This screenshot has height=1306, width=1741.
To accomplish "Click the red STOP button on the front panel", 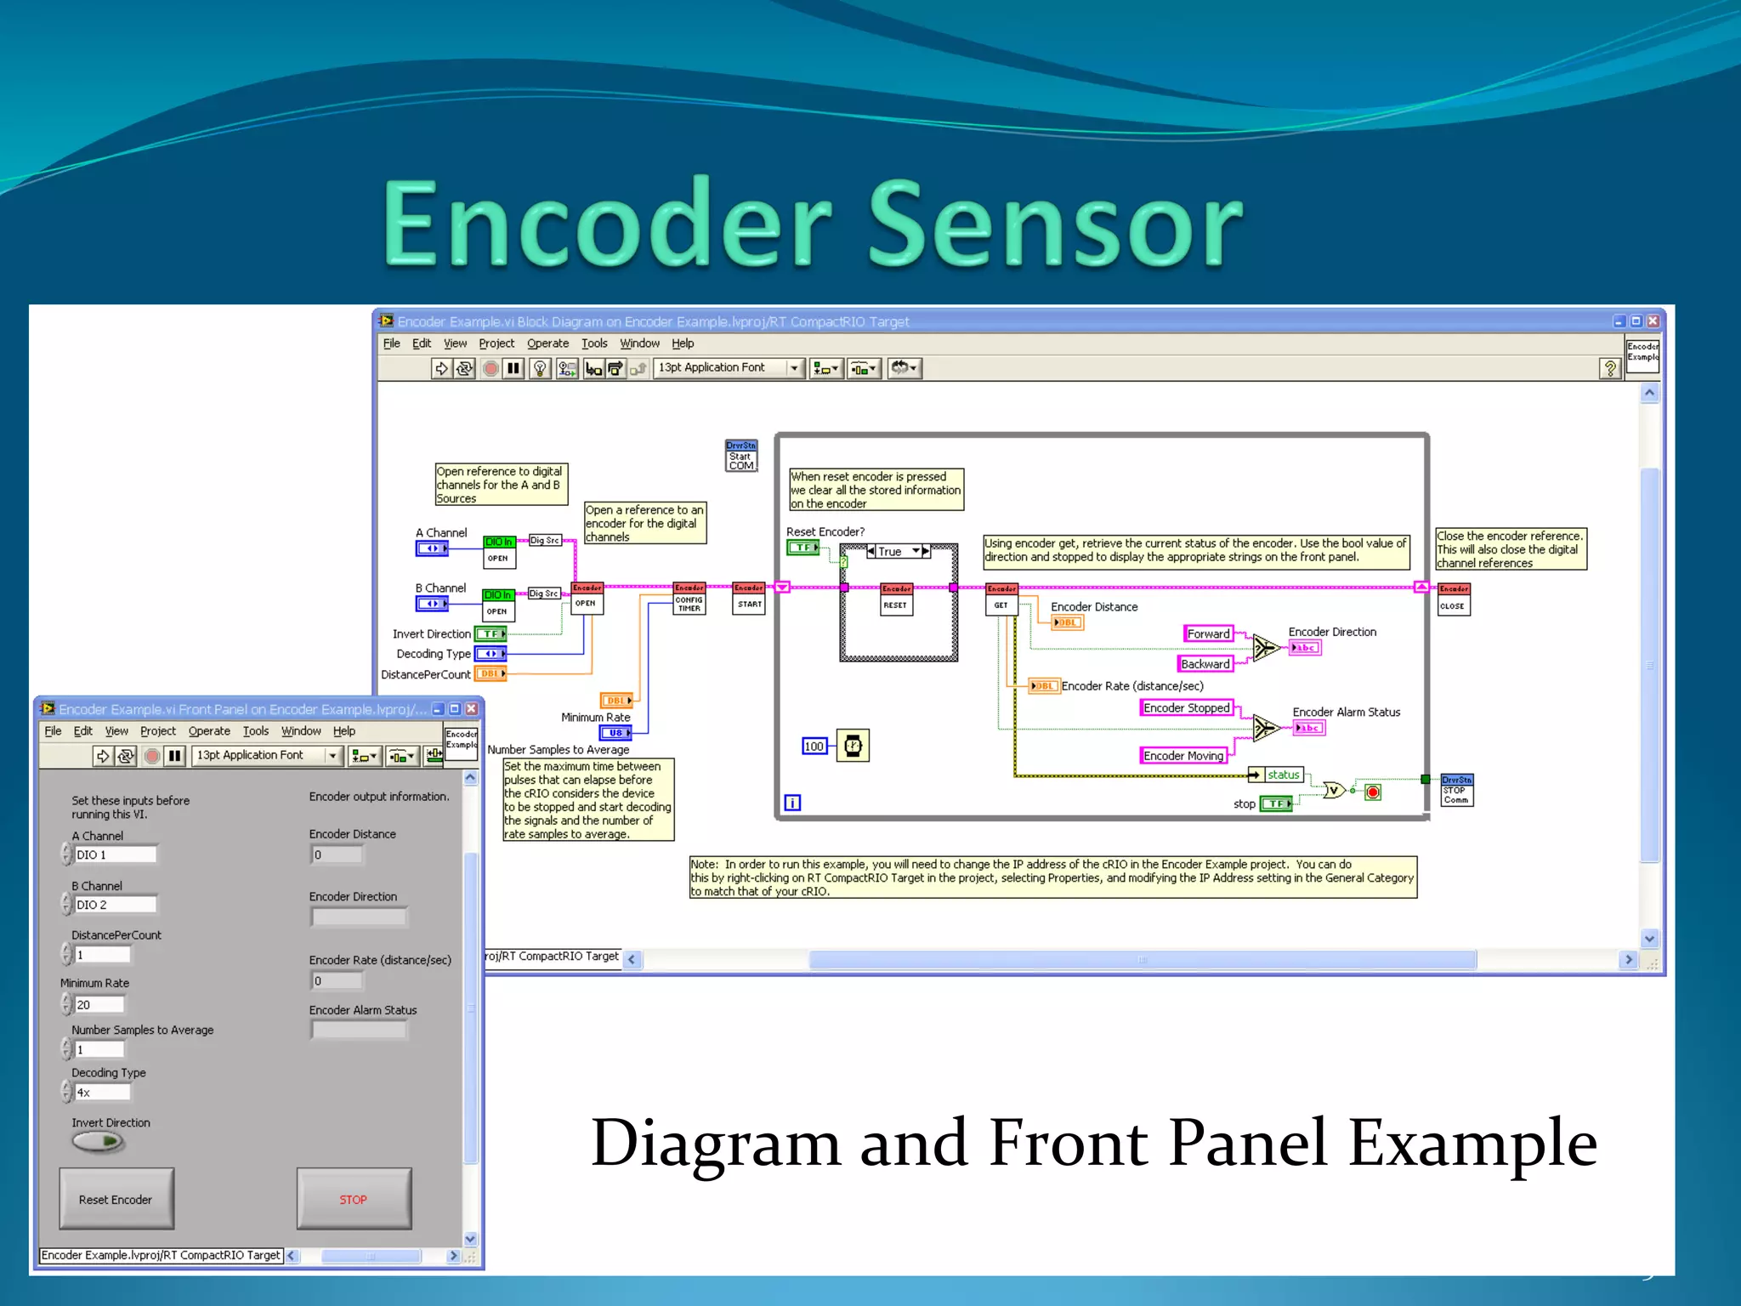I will tap(354, 1199).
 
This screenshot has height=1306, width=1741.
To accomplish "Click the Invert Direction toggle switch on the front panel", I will tap(99, 1142).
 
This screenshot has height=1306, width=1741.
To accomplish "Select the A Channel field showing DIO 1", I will tap(115, 855).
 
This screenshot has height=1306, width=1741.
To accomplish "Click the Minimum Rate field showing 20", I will tap(99, 1005).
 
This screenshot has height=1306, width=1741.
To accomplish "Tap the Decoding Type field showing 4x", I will tap(102, 1093).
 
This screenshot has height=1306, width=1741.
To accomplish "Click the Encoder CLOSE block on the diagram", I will tap(1453, 599).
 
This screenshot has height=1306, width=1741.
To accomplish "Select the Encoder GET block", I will tap(1001, 599).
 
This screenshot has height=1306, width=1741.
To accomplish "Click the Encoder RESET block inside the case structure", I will tap(896, 599).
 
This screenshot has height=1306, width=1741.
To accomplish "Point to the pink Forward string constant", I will tap(1208, 633).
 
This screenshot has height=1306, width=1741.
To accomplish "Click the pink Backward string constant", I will tap(1205, 664).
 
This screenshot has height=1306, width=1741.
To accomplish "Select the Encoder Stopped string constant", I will tap(1186, 707).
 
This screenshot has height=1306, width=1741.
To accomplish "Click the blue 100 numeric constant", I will tap(814, 747).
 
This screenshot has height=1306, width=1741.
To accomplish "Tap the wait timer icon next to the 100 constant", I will tap(853, 746).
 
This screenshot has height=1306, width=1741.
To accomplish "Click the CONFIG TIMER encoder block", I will tap(689, 599).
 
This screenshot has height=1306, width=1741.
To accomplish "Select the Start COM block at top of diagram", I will tap(740, 457).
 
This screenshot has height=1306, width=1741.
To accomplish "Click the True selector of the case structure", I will tap(893, 551).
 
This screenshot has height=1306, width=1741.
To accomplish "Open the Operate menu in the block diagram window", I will tap(547, 344).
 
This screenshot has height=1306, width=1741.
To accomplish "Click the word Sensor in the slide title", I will tap(1054, 225).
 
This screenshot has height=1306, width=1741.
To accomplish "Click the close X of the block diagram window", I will tap(1652, 321).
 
